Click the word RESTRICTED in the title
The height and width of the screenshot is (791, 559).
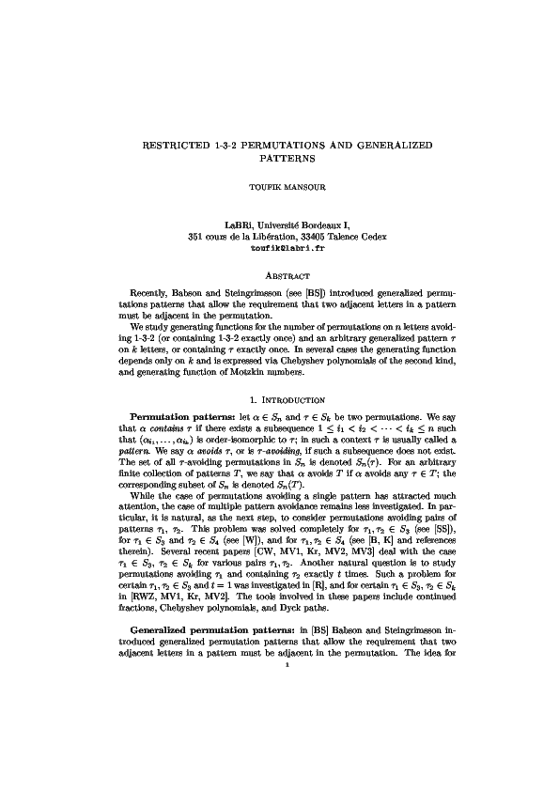coord(170,147)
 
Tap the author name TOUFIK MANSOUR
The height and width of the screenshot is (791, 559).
coord(279,188)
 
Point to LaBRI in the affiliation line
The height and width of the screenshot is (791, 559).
coord(241,225)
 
